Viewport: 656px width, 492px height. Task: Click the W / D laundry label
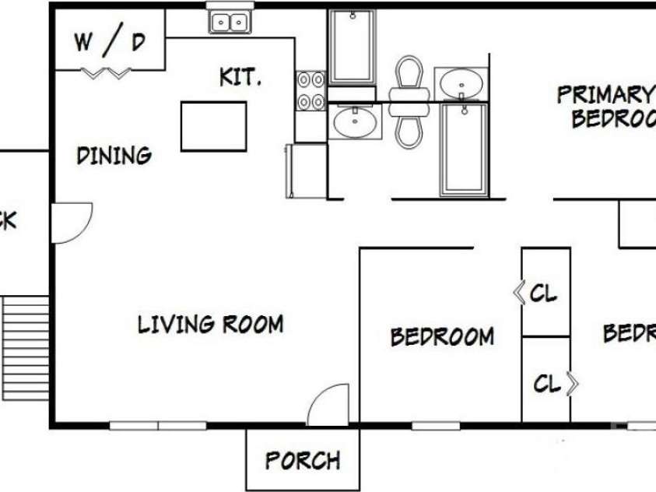(x=110, y=42)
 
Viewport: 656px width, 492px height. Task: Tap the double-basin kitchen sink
(x=230, y=22)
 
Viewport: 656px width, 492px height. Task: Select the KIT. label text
(x=240, y=78)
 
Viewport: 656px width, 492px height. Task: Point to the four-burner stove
(x=310, y=90)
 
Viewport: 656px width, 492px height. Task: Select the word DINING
(x=114, y=156)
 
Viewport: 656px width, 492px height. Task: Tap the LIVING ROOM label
(x=210, y=324)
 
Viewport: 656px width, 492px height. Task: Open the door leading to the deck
(x=71, y=222)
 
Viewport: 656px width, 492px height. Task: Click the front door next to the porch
(x=328, y=406)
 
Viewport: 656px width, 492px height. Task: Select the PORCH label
(x=303, y=460)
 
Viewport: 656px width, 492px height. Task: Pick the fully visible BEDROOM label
(x=441, y=336)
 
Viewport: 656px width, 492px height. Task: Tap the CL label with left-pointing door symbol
(x=543, y=293)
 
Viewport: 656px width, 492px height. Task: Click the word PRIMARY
(x=604, y=95)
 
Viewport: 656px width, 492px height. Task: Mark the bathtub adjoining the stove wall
(x=351, y=46)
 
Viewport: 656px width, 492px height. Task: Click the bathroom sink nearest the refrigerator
(x=354, y=121)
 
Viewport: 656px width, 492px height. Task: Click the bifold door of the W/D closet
(x=107, y=74)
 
